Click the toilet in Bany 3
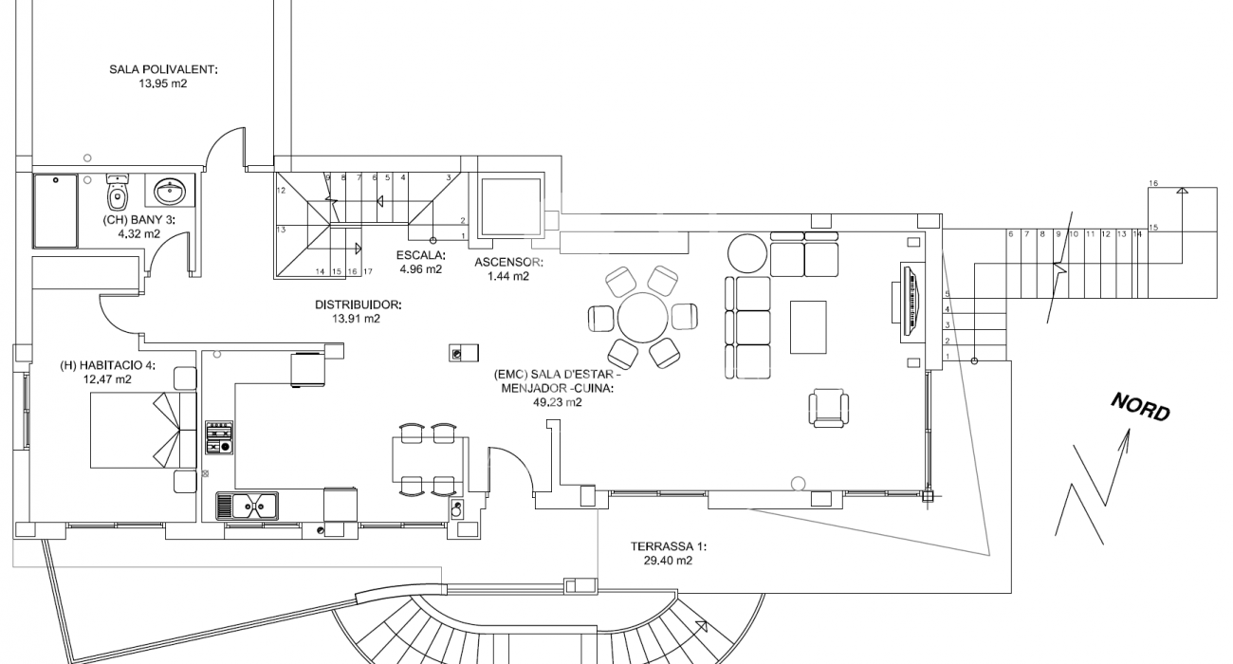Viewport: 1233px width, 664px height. point(118,193)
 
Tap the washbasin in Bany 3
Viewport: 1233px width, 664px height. point(170,191)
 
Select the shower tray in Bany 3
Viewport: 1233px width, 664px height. point(56,211)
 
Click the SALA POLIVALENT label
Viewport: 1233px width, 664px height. point(163,69)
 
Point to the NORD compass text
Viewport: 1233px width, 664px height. point(1140,407)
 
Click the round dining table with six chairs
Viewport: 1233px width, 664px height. point(642,318)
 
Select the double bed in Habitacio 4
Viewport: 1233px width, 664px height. point(143,430)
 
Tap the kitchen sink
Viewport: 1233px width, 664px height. point(248,506)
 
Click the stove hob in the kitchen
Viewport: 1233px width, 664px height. point(219,437)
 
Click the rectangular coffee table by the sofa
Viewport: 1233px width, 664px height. point(808,327)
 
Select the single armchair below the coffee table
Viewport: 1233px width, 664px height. point(828,408)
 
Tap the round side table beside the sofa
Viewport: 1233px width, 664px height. point(747,253)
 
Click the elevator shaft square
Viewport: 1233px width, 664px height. point(511,207)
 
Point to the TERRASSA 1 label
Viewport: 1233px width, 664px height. point(669,546)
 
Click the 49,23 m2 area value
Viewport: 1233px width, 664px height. point(557,402)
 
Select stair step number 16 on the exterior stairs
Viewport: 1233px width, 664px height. point(1153,183)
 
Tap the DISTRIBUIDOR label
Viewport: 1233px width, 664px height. point(359,304)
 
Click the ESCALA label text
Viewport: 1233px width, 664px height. point(420,255)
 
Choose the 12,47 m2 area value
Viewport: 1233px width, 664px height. point(107,379)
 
